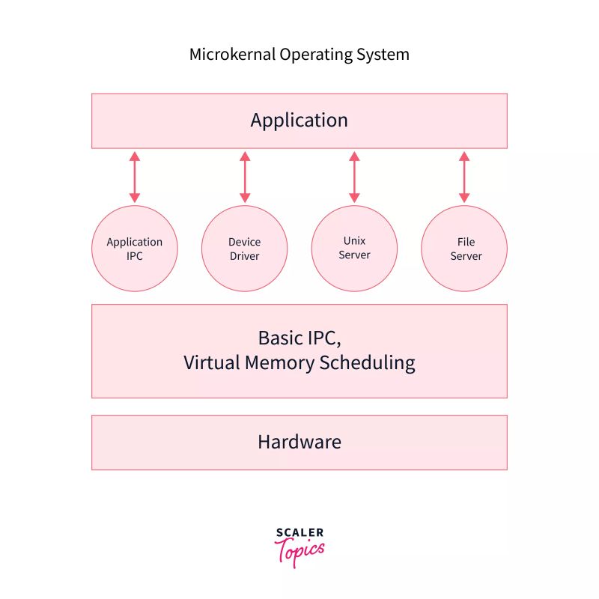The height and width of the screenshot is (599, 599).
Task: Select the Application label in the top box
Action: pos(299,121)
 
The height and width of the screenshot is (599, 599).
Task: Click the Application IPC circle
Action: pos(135,249)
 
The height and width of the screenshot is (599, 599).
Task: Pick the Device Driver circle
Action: pos(244,249)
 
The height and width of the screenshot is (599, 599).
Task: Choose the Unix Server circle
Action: pos(354,248)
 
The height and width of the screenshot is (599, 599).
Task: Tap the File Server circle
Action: pos(464,249)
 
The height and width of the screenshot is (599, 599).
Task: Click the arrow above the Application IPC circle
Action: pos(135,177)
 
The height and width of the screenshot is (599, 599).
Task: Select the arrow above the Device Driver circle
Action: pos(244,177)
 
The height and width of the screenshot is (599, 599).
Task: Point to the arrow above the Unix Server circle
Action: pos(354,177)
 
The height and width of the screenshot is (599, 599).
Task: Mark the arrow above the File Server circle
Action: pos(464,177)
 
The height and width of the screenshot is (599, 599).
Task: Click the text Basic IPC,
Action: pos(299,337)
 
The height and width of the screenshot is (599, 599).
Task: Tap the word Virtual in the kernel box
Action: pos(211,363)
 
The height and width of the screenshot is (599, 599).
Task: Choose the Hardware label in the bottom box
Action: pos(299,442)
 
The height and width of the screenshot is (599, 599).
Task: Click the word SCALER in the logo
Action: pos(299,533)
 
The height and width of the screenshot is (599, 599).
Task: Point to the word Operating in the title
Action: pos(308,55)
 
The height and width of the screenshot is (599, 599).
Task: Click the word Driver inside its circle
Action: pos(244,256)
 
